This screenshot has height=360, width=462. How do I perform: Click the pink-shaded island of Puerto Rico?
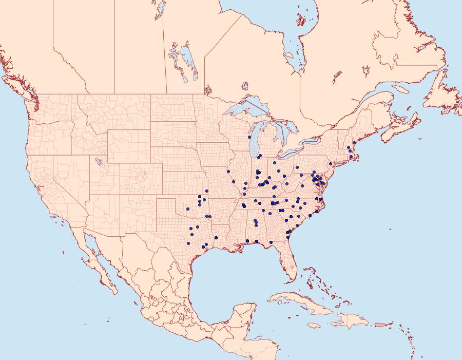(380, 325)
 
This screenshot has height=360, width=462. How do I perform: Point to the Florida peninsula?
(288, 262)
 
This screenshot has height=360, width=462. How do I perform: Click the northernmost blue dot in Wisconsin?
(249, 138)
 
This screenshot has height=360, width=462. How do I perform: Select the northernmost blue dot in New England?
(354, 143)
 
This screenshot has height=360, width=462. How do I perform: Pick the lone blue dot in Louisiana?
(216, 237)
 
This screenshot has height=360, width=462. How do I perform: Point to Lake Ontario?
(313, 141)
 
